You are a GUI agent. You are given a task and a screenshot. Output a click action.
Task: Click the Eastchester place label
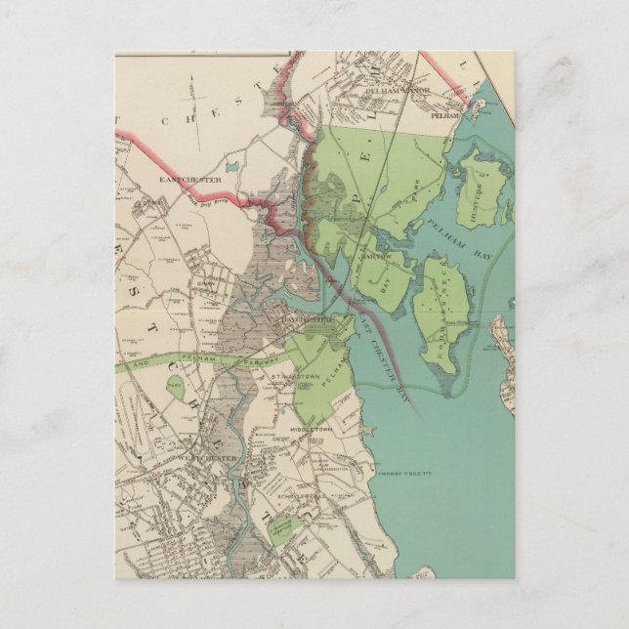coord(192,180)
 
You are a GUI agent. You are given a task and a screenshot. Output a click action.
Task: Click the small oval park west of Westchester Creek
coord(174,387)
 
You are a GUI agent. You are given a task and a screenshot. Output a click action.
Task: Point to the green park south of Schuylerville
coord(282,528)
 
